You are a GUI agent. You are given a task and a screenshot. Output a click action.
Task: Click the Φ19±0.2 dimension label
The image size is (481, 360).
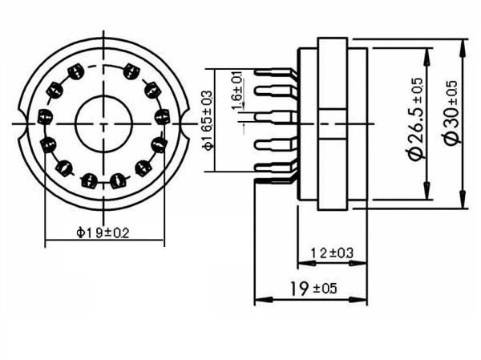(103, 233)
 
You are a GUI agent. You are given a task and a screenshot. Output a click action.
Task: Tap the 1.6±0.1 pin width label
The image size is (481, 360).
(237, 89)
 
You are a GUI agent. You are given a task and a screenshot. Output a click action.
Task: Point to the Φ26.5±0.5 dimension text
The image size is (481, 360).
(416, 119)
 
